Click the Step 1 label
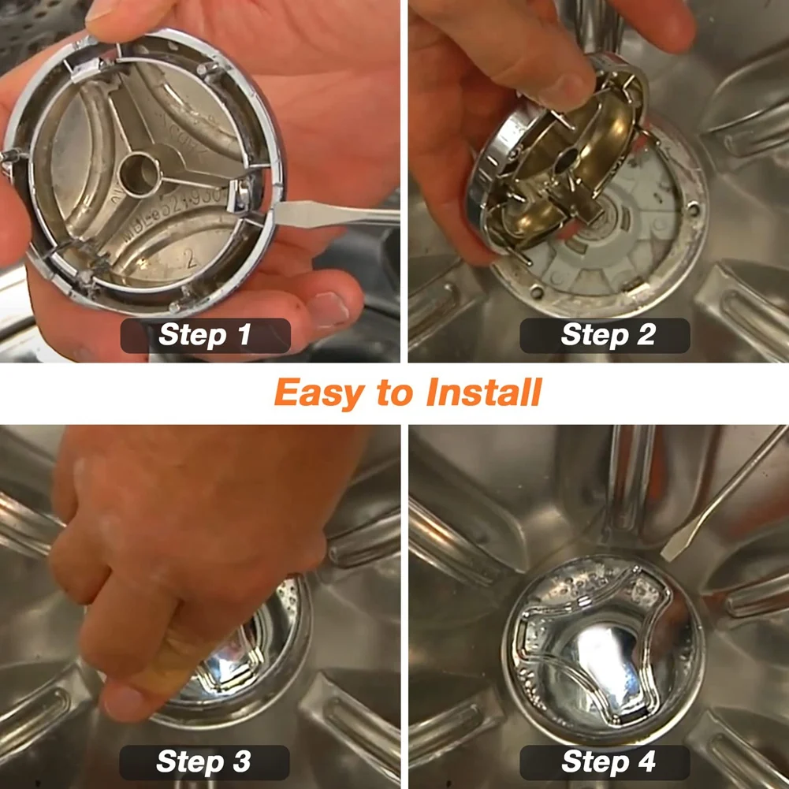tap(205, 335)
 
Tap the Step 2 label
tap(606, 335)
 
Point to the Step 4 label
tap(606, 762)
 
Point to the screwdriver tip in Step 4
tap(670, 550)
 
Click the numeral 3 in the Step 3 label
tap(240, 762)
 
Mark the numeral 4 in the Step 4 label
tap(644, 762)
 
